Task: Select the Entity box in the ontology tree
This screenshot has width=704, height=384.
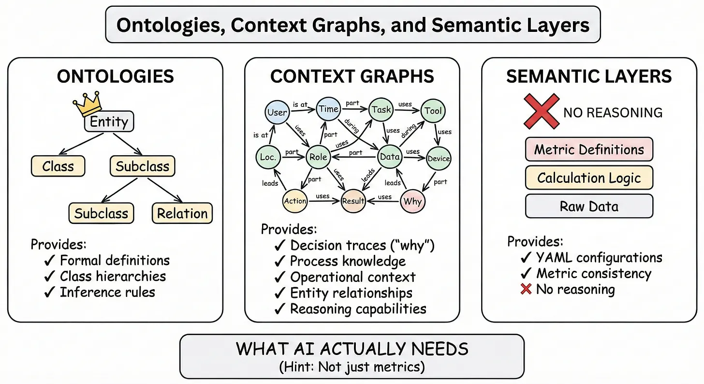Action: click(109, 121)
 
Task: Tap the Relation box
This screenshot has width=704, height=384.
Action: click(182, 213)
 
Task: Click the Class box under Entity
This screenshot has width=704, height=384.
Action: click(58, 166)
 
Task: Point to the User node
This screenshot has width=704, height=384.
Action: click(277, 112)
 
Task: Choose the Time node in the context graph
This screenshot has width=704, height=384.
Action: click(328, 109)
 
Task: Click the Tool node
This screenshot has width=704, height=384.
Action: click(433, 111)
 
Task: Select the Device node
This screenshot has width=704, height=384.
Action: click(439, 158)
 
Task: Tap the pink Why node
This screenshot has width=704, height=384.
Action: click(412, 201)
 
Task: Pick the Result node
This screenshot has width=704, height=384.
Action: click(353, 201)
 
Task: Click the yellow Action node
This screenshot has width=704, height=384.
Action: click(295, 201)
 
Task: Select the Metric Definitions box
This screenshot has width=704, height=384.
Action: click(588, 149)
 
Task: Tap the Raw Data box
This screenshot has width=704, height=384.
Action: click(588, 207)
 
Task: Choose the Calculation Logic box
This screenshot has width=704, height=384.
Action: click(588, 178)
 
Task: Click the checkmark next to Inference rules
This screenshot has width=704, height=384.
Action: click(49, 293)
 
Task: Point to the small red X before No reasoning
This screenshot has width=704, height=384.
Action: click(527, 290)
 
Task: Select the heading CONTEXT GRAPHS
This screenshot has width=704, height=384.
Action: click(352, 76)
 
